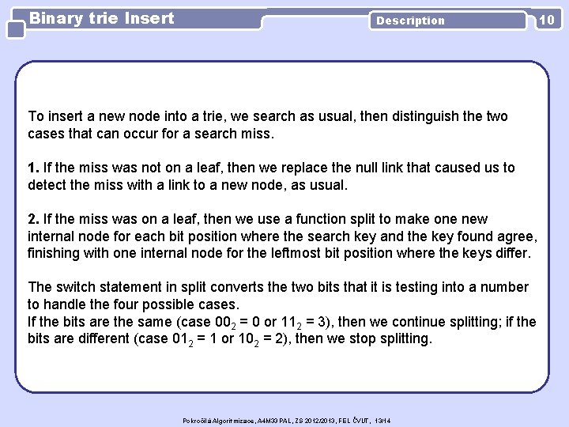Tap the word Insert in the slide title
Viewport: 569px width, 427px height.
coord(149,17)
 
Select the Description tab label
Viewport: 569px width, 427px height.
coord(410,21)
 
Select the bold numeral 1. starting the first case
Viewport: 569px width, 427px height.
coord(34,168)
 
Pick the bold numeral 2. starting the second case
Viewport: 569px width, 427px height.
coord(34,218)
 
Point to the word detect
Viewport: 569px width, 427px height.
coord(47,184)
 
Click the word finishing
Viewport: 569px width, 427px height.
coord(57,251)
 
